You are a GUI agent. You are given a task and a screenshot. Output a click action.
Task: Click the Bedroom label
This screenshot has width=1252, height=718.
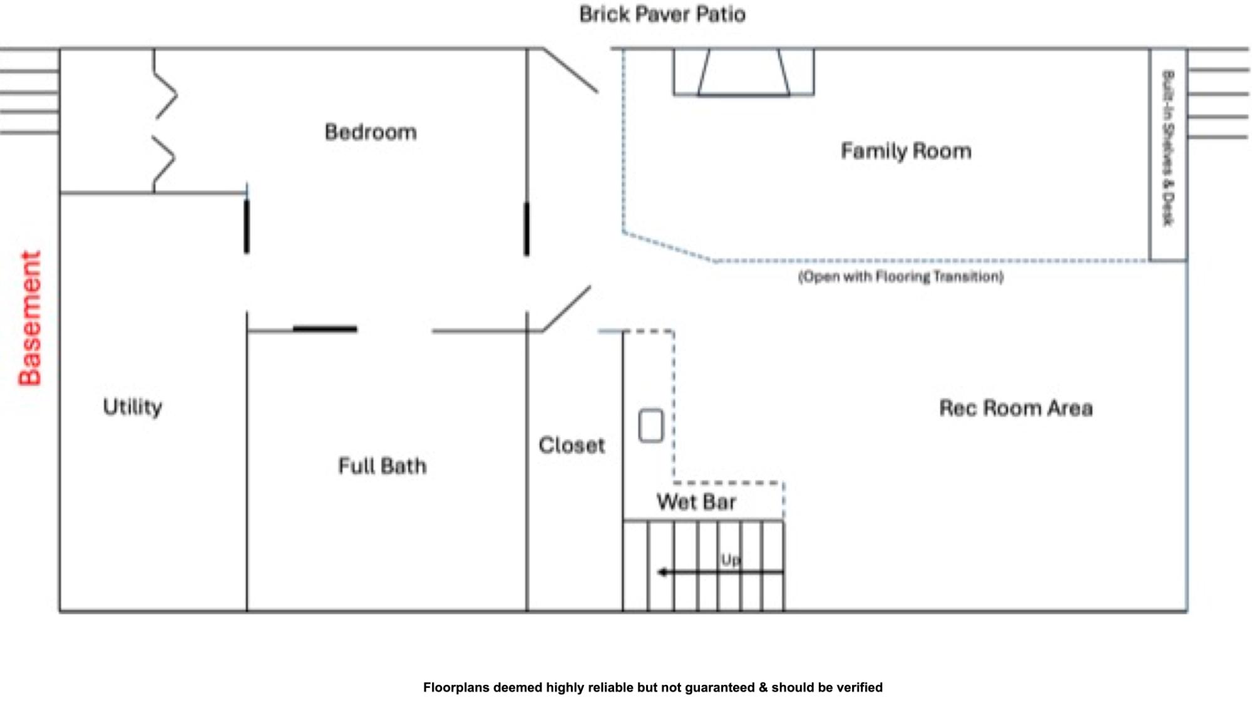coord(371,132)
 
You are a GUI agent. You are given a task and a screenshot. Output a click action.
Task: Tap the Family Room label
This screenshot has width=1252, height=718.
coord(906,151)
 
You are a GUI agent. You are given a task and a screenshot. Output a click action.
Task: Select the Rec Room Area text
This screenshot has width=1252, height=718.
coord(1016,408)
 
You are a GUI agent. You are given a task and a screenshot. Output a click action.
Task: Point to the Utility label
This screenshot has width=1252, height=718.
coord(133,407)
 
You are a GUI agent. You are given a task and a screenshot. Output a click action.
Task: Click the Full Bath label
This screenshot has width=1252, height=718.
coord(382,466)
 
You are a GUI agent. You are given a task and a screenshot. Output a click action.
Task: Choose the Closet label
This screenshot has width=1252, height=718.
coord(572,445)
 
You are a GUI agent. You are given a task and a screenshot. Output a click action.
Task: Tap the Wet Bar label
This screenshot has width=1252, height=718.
coord(696,502)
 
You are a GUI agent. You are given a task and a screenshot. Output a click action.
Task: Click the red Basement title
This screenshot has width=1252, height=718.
coord(30,318)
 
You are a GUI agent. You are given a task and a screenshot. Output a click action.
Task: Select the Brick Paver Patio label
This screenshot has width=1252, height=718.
coord(662,14)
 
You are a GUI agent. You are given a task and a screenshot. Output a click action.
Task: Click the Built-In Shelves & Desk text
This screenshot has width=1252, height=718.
coord(1168,148)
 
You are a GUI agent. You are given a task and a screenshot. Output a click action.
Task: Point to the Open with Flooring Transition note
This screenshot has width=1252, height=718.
coord(901,277)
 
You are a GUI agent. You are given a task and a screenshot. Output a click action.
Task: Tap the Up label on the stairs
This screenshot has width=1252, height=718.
coord(731,559)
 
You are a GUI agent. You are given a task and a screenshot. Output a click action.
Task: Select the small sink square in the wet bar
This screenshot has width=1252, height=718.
coord(651,426)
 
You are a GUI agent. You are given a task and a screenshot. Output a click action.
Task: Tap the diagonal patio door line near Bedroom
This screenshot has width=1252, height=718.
coord(570,70)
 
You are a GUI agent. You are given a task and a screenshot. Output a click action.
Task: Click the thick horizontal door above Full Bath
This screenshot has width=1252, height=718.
coord(325,328)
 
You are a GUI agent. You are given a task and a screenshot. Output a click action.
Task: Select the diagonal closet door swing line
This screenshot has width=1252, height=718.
coord(567,308)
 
